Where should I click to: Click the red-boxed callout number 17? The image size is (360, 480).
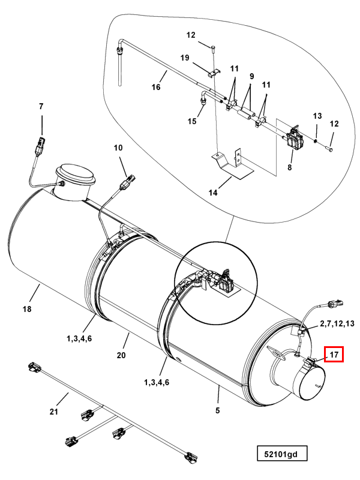334,355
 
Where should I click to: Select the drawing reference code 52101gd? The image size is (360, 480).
281,454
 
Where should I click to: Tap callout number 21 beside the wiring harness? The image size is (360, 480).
53,412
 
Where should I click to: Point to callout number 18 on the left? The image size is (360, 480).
27,309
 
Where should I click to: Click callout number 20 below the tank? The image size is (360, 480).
121,355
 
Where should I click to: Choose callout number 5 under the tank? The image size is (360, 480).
217,410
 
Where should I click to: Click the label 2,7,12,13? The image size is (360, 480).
337,323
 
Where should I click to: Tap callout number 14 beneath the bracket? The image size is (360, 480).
213,193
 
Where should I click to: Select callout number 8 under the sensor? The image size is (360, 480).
290,167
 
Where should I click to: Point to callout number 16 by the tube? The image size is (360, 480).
156,87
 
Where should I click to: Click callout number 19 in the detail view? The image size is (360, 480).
185,58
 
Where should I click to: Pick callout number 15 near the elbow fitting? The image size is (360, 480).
192,121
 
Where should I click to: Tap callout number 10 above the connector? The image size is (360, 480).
118,148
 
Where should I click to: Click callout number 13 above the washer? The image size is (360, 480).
317,116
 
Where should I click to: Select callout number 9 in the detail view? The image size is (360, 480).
252,76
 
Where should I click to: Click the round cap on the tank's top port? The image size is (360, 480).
76,172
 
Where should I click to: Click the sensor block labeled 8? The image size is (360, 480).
294,139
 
